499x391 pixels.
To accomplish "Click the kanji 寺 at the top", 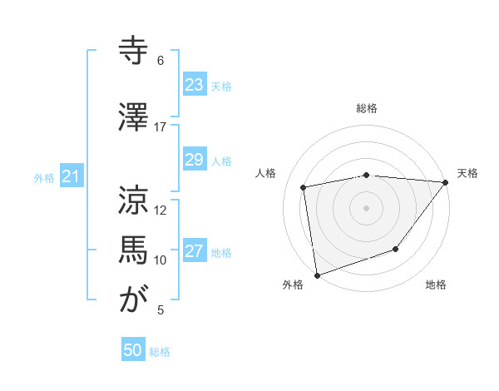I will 134,51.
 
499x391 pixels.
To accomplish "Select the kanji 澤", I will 134,116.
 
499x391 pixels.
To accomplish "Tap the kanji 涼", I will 134,200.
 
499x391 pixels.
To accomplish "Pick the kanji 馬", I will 134,250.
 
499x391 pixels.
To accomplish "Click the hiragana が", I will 134,300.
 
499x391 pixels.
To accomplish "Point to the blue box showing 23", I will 194,84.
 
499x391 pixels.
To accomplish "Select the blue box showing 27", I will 194,251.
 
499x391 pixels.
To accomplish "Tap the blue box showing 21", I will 71,176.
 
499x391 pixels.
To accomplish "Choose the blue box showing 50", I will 133,350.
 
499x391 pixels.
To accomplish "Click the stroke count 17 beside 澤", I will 161,126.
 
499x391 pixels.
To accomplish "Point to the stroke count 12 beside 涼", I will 161,210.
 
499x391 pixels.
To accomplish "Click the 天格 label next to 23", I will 221,86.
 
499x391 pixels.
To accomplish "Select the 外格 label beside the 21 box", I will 43,178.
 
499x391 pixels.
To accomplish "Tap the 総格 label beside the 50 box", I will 160,352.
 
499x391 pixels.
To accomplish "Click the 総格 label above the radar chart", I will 367,108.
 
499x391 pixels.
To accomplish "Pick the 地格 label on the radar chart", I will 436,285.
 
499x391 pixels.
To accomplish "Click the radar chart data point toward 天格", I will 446,182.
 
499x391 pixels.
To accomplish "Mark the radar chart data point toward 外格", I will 317,275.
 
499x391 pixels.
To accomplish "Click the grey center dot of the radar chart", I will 367,207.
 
